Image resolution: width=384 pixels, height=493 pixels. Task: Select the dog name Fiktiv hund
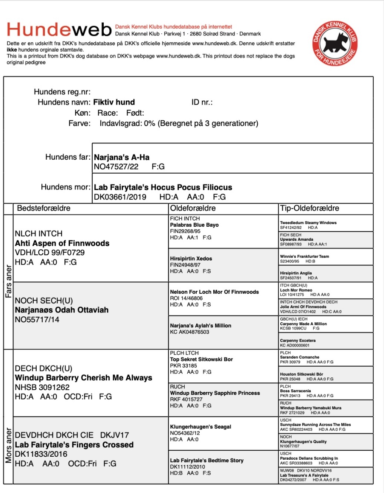click(x=114, y=102)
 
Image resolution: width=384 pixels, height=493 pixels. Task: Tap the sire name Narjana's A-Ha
click(x=122, y=158)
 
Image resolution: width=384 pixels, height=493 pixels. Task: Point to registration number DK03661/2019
click(x=120, y=197)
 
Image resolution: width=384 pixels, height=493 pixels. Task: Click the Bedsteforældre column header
click(x=44, y=208)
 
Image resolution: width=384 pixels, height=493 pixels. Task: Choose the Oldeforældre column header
click(x=193, y=208)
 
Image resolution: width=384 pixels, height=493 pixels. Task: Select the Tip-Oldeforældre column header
click(x=309, y=208)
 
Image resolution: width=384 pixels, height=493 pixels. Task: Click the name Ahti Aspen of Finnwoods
click(x=62, y=243)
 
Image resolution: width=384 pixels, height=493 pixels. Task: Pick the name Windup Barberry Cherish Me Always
click(x=83, y=378)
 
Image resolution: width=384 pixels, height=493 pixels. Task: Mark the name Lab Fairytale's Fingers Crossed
click(x=74, y=445)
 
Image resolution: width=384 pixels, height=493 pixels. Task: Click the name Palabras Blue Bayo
click(x=194, y=225)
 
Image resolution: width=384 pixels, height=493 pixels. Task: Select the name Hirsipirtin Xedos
click(x=191, y=259)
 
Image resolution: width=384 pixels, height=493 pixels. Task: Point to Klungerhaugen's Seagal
click(x=201, y=426)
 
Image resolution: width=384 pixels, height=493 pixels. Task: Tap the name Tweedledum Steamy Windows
click(x=308, y=223)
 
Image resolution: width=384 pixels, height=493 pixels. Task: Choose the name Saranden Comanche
click(x=299, y=357)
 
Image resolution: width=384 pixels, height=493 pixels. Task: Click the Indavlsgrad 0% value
click(x=149, y=124)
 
